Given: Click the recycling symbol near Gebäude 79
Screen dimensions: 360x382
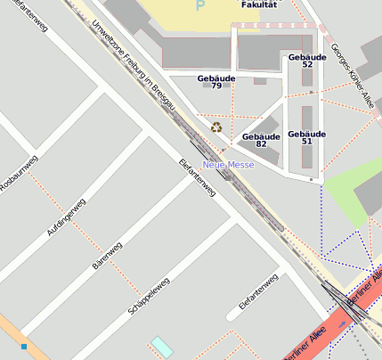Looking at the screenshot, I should pyautogui.click(x=216, y=127).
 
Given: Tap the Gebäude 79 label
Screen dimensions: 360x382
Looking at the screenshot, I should pyautogui.click(x=215, y=82).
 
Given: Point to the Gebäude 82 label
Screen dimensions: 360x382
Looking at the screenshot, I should pyautogui.click(x=261, y=140).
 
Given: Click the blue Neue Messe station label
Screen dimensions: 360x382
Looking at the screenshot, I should pyautogui.click(x=228, y=165).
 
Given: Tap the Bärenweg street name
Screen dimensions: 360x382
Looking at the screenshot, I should pyautogui.click(x=107, y=255).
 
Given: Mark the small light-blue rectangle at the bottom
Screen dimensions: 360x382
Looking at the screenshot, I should pyautogui.click(x=162, y=347).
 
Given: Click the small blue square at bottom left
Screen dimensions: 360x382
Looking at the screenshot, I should pyautogui.click(x=24, y=346).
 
